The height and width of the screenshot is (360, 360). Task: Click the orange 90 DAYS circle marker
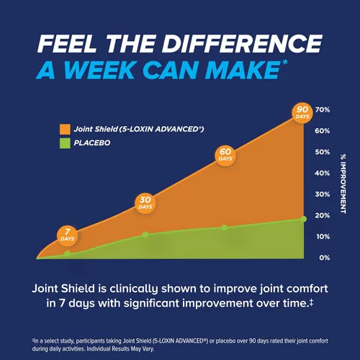(x=302, y=113)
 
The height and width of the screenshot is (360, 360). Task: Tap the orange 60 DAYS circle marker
(x=225, y=155)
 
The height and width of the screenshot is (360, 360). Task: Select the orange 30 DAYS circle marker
(x=145, y=203)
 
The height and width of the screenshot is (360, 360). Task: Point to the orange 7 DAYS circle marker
(x=67, y=235)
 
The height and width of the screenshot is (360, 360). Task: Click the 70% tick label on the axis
(x=323, y=110)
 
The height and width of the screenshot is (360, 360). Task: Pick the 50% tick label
(x=323, y=152)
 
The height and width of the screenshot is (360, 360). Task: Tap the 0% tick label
(x=325, y=258)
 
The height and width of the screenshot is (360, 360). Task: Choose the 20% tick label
(x=323, y=215)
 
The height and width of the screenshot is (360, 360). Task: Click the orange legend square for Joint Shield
(x=65, y=130)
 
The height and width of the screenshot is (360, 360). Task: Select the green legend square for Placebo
(x=65, y=143)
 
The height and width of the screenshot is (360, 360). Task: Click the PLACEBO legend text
(x=92, y=143)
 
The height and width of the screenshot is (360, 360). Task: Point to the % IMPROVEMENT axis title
(x=343, y=184)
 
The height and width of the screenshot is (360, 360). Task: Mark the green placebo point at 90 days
(x=304, y=219)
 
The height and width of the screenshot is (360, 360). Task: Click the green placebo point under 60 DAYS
(x=225, y=228)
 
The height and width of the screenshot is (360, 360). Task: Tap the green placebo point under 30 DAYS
(x=145, y=235)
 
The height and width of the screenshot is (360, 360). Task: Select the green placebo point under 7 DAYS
(x=68, y=253)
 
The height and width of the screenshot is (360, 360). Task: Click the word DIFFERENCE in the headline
(x=243, y=43)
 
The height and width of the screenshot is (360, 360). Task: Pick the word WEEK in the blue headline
(x=99, y=70)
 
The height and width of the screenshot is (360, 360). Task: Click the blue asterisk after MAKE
(x=284, y=63)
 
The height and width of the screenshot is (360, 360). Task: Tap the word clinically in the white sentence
(x=134, y=289)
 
